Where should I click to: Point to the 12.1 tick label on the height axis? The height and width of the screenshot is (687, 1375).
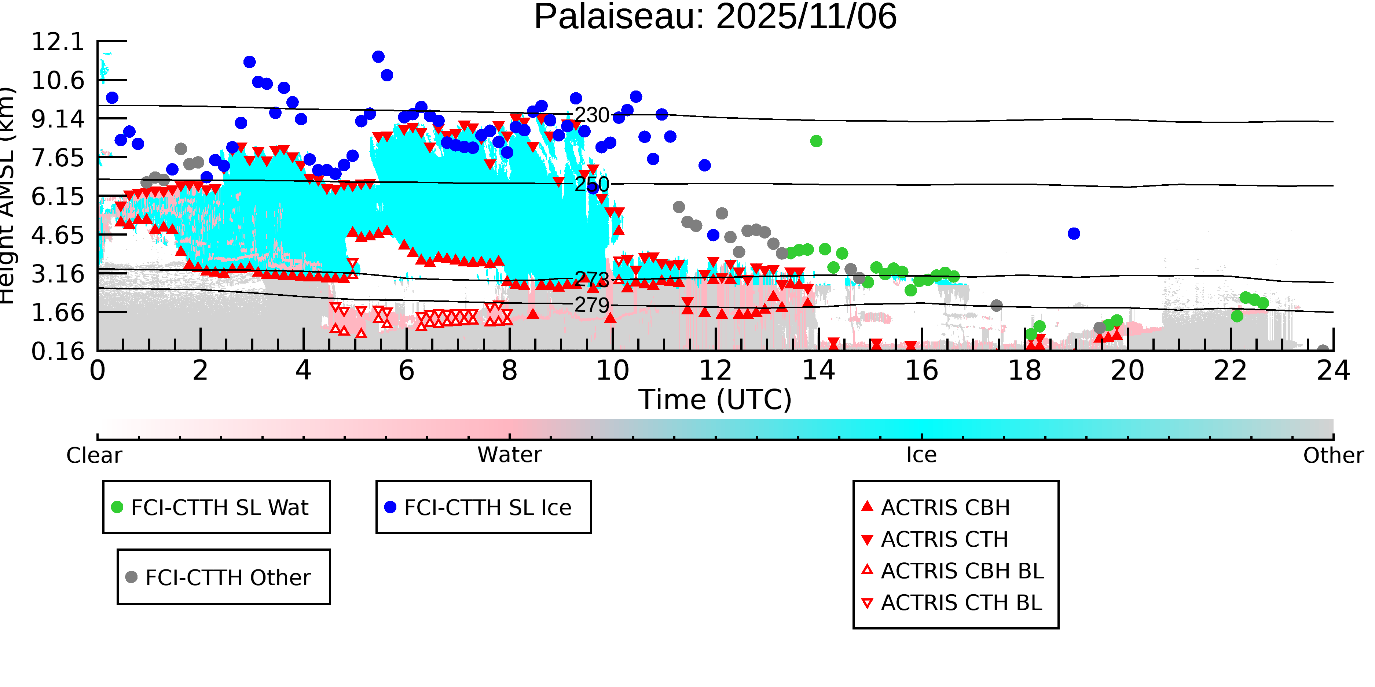[x=58, y=42]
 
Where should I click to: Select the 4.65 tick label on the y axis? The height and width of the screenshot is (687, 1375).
[x=58, y=235]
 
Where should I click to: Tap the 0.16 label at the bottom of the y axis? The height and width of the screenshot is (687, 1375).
[x=58, y=351]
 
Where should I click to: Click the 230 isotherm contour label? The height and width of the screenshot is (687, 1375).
[x=591, y=115]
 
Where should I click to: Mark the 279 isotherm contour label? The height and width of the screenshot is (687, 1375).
[x=591, y=305]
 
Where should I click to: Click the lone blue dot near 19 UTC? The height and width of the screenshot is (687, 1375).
[x=1074, y=234]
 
